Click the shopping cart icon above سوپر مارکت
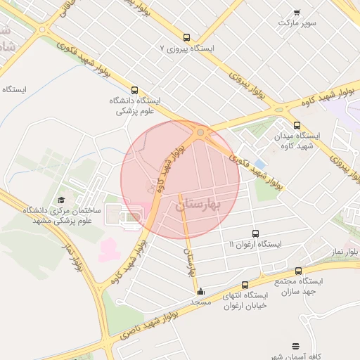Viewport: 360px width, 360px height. [x=297, y=12]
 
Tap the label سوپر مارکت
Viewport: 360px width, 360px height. [x=297, y=23]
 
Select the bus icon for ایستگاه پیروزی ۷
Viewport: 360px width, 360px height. [x=186, y=37]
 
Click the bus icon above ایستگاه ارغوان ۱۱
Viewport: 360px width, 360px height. [x=255, y=233]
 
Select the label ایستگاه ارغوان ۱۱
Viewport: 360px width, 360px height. [x=255, y=244]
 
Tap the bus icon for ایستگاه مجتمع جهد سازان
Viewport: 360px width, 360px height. [x=299, y=270]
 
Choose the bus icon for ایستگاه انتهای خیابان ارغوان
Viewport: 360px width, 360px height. [x=245, y=285]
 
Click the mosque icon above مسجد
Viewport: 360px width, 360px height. [x=201, y=291]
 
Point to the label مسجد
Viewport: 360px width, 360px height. [x=201, y=302]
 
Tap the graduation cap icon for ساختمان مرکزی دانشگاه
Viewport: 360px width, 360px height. [x=60, y=200]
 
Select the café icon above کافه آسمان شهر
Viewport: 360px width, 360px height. [x=295, y=346]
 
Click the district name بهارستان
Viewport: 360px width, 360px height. [x=198, y=205]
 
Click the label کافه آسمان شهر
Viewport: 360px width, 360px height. [x=296, y=356]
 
